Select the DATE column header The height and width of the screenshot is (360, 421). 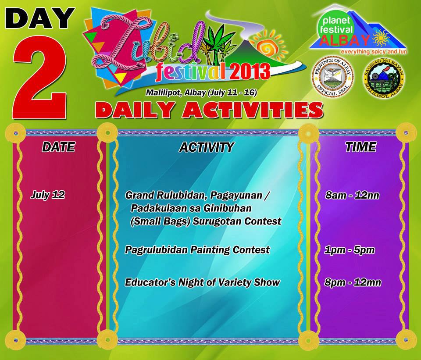point(58,147)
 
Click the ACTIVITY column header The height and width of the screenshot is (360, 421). point(206,147)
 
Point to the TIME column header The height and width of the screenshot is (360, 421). point(360,147)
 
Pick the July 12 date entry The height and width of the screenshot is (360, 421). point(48,195)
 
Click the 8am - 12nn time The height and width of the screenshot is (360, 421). point(352,196)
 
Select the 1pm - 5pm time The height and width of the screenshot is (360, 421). point(350,250)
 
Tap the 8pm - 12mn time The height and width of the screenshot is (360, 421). point(353,282)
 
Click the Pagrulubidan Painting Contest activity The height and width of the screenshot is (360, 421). point(197,250)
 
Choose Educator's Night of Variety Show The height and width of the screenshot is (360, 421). point(202,282)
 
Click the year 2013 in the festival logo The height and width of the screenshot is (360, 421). point(248,70)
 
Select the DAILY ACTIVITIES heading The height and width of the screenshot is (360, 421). point(209,110)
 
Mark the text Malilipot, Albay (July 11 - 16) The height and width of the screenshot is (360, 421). point(201,93)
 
